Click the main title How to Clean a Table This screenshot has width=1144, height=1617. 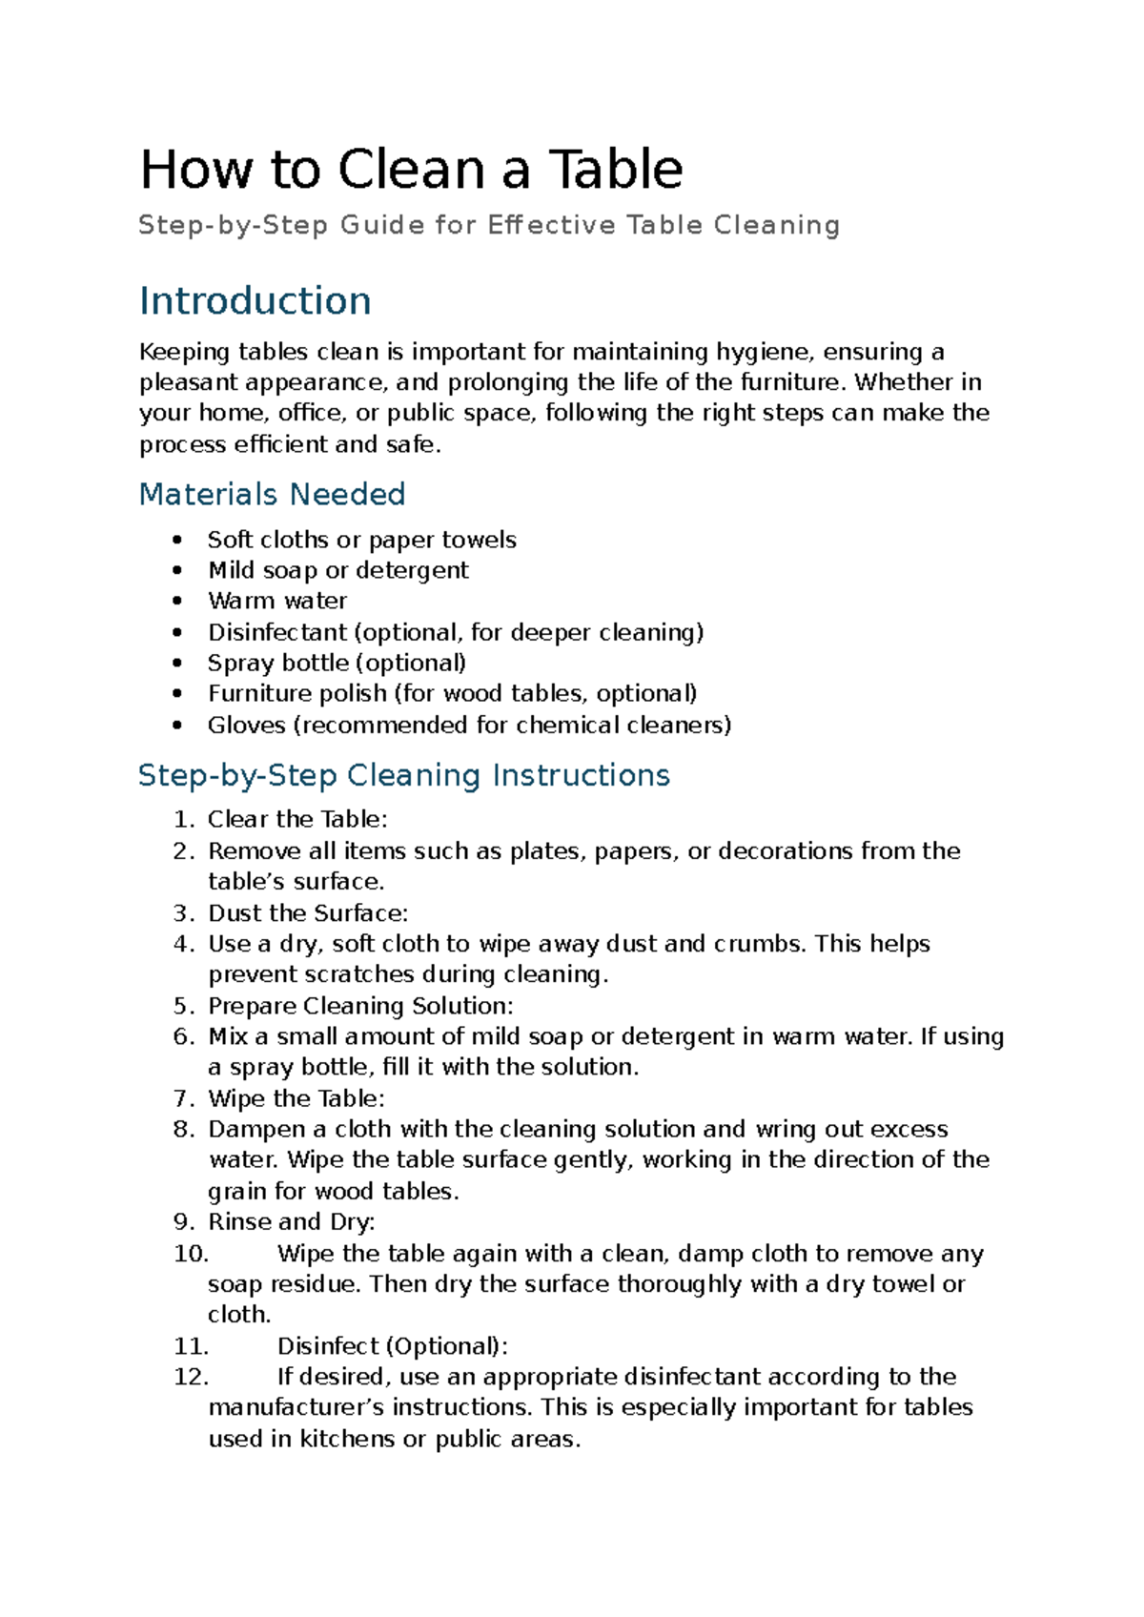click(411, 170)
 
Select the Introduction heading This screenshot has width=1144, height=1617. click(255, 300)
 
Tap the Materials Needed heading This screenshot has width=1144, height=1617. click(272, 494)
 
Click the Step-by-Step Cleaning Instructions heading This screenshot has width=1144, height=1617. click(403, 774)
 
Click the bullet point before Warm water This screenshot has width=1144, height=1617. click(177, 602)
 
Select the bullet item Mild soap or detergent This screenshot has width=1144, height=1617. click(337, 570)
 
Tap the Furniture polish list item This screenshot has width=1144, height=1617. click(452, 693)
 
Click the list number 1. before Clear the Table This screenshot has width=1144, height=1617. click(184, 820)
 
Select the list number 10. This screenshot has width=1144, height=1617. click(191, 1254)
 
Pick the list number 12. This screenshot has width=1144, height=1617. click(191, 1377)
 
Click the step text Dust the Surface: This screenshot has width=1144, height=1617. click(307, 913)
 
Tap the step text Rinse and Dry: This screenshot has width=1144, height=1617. click(291, 1222)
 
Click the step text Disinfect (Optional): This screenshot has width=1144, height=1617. click(392, 1346)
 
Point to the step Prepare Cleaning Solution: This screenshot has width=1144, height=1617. click(360, 1006)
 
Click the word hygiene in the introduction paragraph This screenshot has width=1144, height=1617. click(765, 352)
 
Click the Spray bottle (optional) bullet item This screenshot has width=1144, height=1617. click(337, 663)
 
